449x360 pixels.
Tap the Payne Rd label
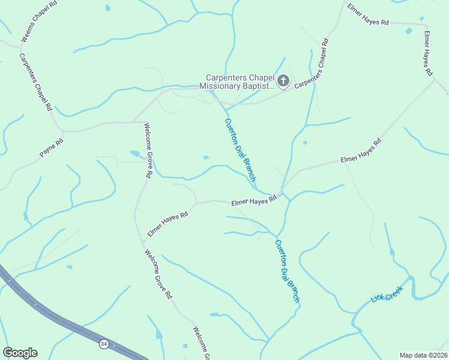click(51, 149)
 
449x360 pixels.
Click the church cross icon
click(283, 80)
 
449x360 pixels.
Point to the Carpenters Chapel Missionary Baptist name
click(240, 81)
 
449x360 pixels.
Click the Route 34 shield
click(104, 344)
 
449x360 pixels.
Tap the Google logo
click(20, 353)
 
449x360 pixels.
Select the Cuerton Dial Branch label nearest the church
click(240, 150)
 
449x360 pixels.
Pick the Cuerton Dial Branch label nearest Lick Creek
click(286, 271)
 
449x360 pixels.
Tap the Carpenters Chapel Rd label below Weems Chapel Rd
click(35, 82)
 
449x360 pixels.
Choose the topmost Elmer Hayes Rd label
click(368, 22)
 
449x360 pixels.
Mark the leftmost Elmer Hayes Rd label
click(168, 223)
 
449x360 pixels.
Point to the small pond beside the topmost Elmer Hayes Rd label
click(409, 31)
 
